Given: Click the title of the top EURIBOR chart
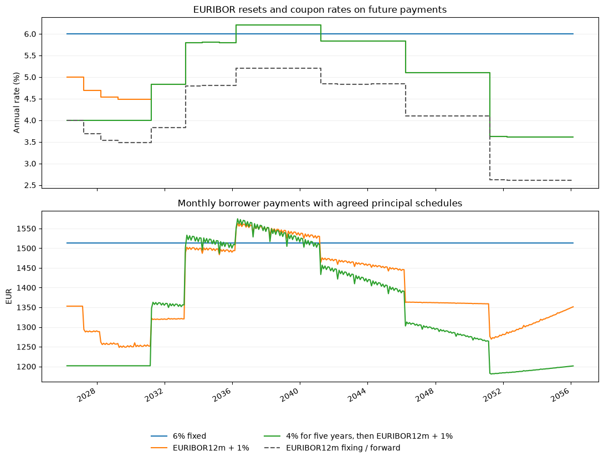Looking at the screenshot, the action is [320, 9].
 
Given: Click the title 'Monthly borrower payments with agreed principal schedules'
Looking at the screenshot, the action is [320, 203].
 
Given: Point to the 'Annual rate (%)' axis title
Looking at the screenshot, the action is [17, 103].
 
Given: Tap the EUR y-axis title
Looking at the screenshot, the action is [9, 296].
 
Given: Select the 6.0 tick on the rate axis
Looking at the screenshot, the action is [30, 34].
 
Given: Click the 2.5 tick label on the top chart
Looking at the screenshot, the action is [30, 185].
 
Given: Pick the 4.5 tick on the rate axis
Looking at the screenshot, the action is [30, 99].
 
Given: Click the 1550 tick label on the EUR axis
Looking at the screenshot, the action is [27, 229].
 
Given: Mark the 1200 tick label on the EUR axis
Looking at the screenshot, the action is [27, 367].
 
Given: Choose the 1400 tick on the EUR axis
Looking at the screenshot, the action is [27, 288].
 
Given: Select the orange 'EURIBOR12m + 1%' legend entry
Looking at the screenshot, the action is [200, 448].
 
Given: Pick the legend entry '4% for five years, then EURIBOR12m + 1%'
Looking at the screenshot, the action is [358, 436].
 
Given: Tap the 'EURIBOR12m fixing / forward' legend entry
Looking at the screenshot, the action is [332, 448].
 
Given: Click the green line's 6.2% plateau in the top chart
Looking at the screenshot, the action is [278, 25].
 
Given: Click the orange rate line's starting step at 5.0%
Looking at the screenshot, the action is [75, 77].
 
